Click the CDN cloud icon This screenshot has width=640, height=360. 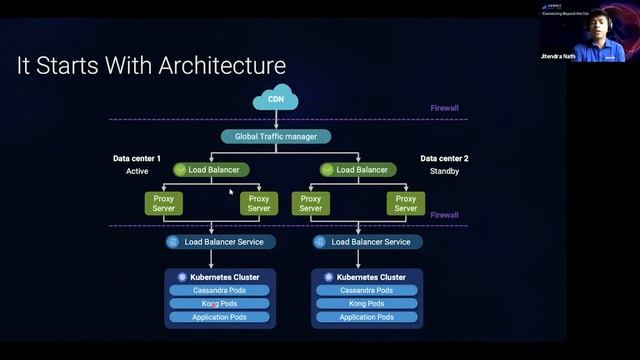point(275,98)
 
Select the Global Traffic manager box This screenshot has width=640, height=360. point(276,136)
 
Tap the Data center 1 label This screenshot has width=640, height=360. point(137,158)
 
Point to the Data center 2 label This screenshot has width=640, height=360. point(444,158)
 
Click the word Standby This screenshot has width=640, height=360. point(443,171)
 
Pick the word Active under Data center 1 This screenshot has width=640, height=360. point(137,171)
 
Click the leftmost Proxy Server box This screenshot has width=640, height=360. point(164,203)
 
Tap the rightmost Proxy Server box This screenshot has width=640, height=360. point(405,203)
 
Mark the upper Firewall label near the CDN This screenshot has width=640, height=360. point(443,106)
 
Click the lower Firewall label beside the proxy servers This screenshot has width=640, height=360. point(444,214)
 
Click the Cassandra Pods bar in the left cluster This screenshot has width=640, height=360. point(219,290)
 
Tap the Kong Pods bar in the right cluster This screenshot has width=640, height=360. point(366,303)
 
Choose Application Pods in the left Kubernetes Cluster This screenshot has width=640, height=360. point(219,317)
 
